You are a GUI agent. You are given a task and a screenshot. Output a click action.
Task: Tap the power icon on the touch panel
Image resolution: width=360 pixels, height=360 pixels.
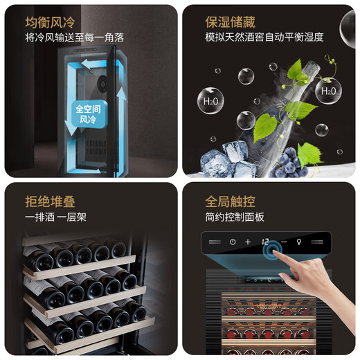point(233,242)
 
